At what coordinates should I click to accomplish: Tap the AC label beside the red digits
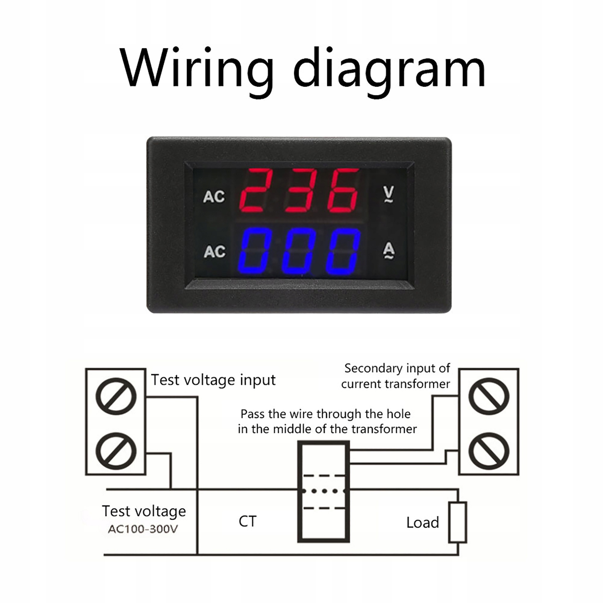click(214, 197)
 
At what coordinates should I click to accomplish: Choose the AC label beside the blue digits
click(214, 252)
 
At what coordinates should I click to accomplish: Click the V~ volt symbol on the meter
click(388, 194)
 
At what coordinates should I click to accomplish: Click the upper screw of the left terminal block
click(116, 397)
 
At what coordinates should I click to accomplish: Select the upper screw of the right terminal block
click(489, 397)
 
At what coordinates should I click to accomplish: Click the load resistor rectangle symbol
click(458, 522)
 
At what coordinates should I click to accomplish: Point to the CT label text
click(247, 521)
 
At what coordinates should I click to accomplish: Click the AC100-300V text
click(143, 529)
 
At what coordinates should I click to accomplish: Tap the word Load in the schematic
click(423, 523)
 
